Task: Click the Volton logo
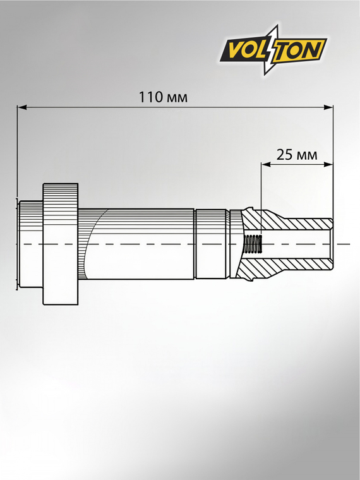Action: tap(273, 50)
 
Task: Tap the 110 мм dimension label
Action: tap(163, 97)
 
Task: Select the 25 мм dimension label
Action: tap(297, 155)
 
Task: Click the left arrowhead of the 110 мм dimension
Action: tap(22, 107)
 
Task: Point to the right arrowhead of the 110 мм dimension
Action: tap(328, 107)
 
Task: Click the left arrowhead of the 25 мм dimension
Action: tap(266, 165)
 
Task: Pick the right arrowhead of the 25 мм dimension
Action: tap(328, 165)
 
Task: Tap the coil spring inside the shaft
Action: tap(253, 244)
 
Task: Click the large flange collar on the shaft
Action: tap(60, 244)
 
